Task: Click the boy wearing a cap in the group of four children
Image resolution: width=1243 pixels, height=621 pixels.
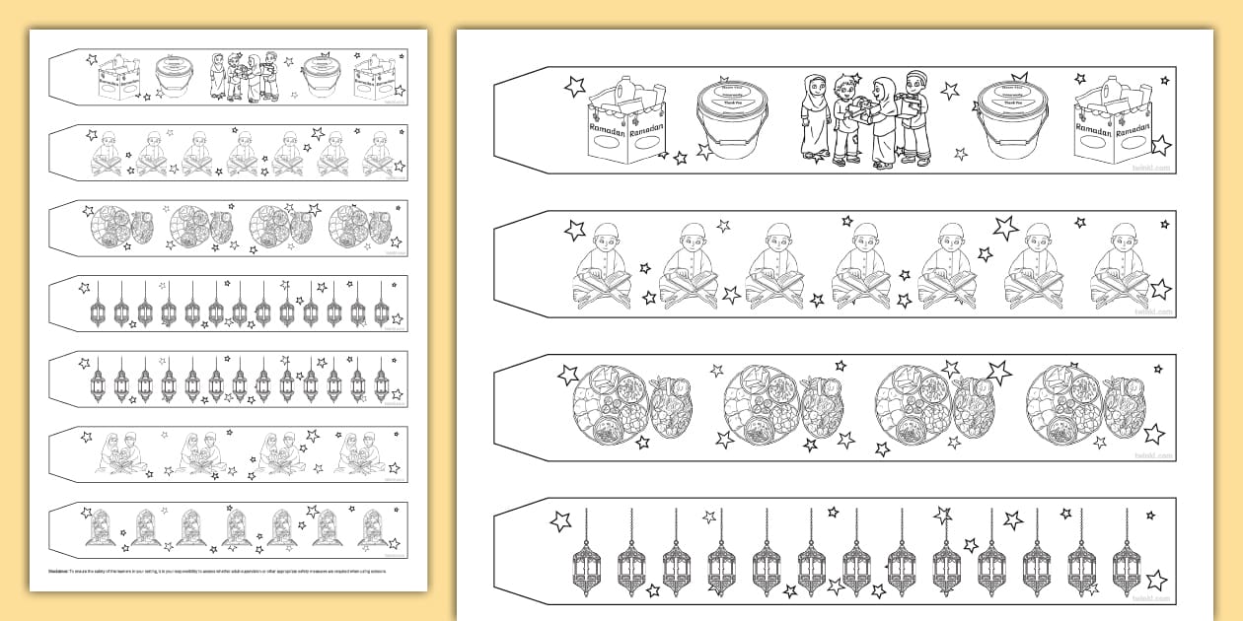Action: pyautogui.click(x=914, y=116)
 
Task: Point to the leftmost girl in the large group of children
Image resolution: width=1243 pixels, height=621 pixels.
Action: pyautogui.click(x=815, y=116)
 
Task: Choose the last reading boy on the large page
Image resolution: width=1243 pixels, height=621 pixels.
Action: pyautogui.click(x=1120, y=267)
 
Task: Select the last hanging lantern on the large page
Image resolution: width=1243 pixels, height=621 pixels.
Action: pyautogui.click(x=1126, y=556)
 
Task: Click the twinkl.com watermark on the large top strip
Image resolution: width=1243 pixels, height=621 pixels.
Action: pyautogui.click(x=1153, y=168)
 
